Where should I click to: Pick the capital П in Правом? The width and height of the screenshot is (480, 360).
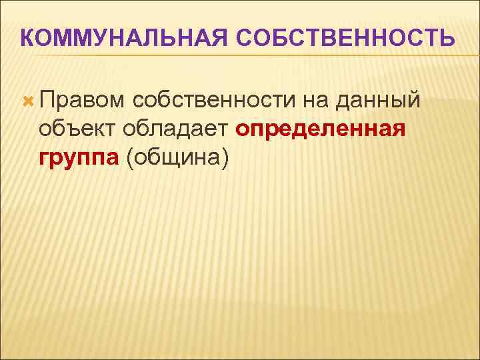[48, 100]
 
